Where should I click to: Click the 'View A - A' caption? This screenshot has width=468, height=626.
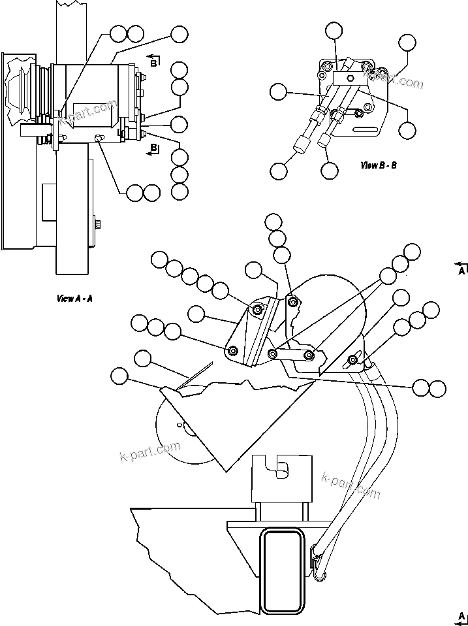coord(74,299)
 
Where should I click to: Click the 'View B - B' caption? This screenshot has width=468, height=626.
coord(379,165)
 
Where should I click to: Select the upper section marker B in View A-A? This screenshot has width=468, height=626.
coord(153,63)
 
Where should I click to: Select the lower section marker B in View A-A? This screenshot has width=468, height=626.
coord(153,148)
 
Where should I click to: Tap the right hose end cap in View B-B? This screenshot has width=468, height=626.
coord(324,139)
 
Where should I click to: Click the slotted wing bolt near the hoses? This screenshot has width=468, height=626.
coord(353,359)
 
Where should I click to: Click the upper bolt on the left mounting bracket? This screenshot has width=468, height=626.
coord(259,309)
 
